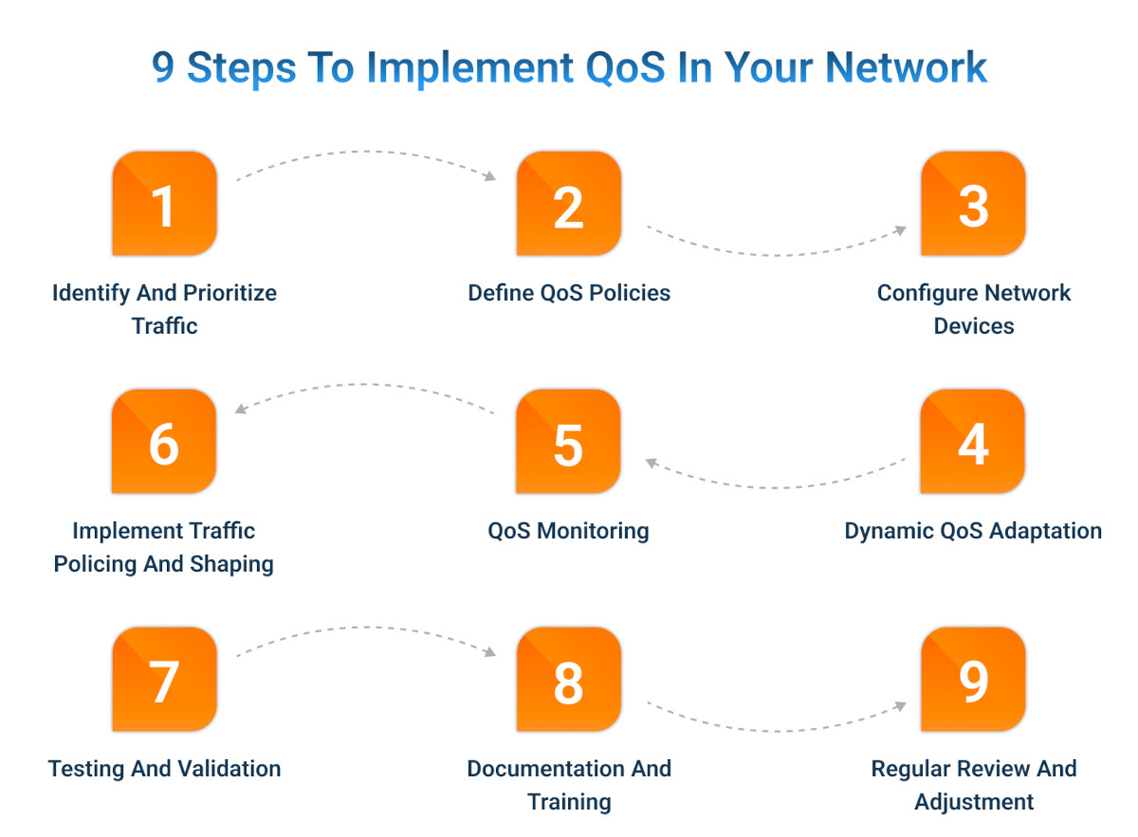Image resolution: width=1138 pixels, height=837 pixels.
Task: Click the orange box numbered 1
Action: (164, 204)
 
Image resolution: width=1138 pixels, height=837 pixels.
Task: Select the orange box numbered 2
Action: (568, 204)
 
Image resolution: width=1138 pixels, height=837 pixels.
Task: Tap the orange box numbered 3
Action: (973, 204)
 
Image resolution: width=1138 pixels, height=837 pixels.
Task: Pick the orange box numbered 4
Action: (973, 442)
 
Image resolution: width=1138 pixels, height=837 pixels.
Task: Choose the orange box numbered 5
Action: (568, 442)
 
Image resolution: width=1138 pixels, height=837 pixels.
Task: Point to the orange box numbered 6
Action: (164, 442)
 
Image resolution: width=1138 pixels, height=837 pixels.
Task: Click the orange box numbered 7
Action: (164, 680)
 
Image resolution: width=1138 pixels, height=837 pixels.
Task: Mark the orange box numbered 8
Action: (568, 680)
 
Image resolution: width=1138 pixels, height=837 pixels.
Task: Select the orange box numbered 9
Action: (973, 680)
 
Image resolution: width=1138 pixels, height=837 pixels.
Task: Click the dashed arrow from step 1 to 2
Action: (365, 152)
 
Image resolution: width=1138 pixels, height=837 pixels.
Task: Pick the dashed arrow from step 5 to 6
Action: (365, 385)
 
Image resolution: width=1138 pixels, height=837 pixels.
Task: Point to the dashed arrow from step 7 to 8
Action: (365, 628)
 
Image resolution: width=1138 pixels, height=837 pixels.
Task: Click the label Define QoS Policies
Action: (569, 293)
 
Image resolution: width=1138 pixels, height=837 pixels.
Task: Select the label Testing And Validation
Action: (165, 769)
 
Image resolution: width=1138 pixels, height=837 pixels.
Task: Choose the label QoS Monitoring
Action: (569, 531)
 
